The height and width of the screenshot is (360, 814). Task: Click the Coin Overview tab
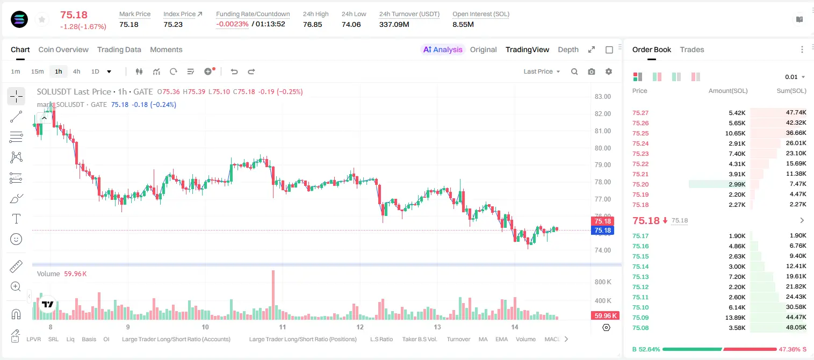(x=63, y=50)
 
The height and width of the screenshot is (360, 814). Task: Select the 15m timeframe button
(x=37, y=71)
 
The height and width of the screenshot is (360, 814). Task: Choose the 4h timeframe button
(x=76, y=71)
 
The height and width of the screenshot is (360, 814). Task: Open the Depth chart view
(x=568, y=50)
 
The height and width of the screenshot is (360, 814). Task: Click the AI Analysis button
(x=443, y=50)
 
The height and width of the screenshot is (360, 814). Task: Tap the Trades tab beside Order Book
(x=692, y=50)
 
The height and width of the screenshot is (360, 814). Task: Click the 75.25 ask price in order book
(x=640, y=133)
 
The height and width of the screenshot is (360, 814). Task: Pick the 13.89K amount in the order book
(x=735, y=318)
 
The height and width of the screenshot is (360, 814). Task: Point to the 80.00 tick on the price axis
(x=602, y=148)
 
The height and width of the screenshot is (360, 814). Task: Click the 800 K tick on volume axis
(x=603, y=282)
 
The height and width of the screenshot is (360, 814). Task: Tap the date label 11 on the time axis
(x=283, y=327)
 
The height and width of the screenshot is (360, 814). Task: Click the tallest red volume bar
(x=273, y=295)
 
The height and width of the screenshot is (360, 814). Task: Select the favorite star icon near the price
(x=42, y=20)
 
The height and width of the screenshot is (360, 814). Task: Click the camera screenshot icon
(x=592, y=71)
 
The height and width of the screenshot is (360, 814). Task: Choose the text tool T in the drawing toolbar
(x=16, y=219)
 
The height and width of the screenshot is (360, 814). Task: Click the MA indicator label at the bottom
(x=483, y=339)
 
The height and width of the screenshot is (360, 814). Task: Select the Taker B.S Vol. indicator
(x=419, y=339)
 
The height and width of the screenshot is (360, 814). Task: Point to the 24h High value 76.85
(x=313, y=24)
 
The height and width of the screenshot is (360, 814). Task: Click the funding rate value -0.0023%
(x=232, y=24)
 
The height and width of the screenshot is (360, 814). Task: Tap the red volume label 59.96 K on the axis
(x=605, y=316)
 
